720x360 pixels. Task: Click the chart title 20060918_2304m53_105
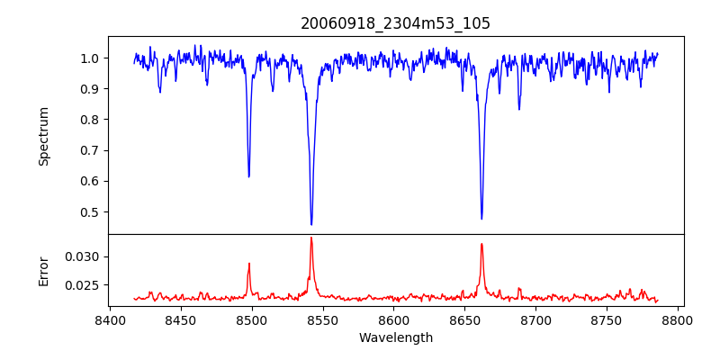pyautogui.click(x=395, y=23)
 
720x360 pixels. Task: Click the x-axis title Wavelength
pyautogui.click(x=395, y=338)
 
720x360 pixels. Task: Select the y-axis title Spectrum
pyautogui.click(x=44, y=136)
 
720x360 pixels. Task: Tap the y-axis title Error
pyautogui.click(x=44, y=270)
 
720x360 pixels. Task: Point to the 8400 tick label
pyautogui.click(x=110, y=320)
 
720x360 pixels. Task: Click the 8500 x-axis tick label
pyautogui.click(x=252, y=320)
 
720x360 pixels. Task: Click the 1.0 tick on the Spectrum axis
pyautogui.click(x=90, y=58)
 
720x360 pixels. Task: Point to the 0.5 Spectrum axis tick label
pyautogui.click(x=90, y=212)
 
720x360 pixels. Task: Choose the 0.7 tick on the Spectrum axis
pyautogui.click(x=90, y=150)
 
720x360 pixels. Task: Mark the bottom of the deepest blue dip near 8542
pyautogui.click(x=311, y=224)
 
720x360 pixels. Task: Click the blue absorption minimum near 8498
pyautogui.click(x=249, y=176)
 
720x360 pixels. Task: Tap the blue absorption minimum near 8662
pyautogui.click(x=481, y=219)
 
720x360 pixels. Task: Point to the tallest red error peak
pyautogui.click(x=311, y=238)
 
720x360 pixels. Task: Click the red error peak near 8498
pyautogui.click(x=249, y=264)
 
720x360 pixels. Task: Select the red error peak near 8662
pyautogui.click(x=481, y=244)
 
